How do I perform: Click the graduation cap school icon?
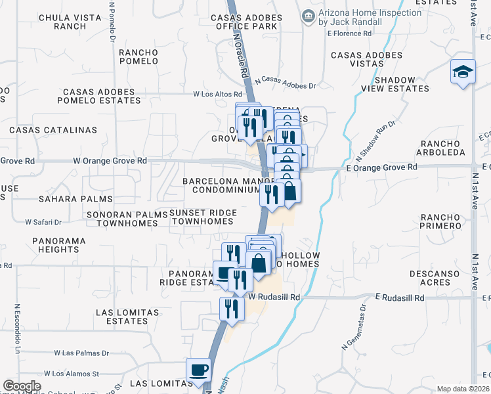[x=462, y=72]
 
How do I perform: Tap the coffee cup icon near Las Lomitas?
[x=198, y=369]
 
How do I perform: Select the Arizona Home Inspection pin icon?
[x=307, y=16]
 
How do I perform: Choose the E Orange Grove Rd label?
[x=381, y=167]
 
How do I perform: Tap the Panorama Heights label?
[x=58, y=245]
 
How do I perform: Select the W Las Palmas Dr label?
[x=82, y=353]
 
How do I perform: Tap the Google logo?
[x=21, y=386]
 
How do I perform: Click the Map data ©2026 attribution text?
[x=463, y=389]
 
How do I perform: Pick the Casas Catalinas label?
[x=49, y=130]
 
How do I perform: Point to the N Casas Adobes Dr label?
[x=286, y=82]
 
